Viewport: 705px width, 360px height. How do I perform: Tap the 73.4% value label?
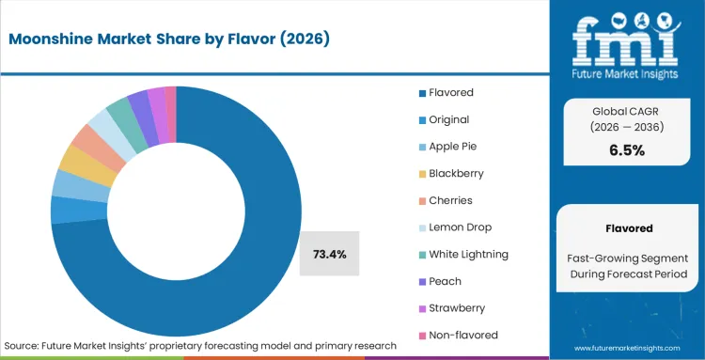click(329, 254)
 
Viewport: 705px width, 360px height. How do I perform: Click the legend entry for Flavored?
click(450, 92)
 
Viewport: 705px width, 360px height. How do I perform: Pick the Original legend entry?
click(448, 119)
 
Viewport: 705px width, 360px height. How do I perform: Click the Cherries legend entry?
click(449, 200)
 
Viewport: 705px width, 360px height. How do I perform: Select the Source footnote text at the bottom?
click(200, 346)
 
